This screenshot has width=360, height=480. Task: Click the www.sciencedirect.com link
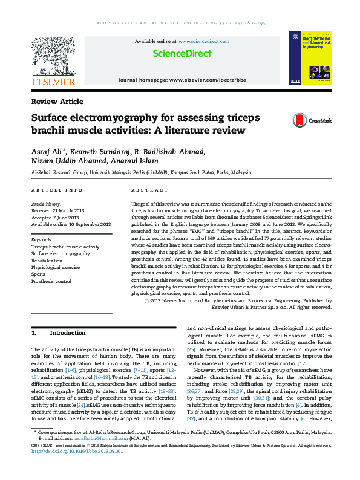204,41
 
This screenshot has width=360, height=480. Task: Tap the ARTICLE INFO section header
57,191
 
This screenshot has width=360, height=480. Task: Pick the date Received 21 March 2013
58,211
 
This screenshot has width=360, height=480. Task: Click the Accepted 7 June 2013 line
56,218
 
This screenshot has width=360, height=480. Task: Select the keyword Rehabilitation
46,260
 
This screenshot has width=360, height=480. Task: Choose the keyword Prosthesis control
51,281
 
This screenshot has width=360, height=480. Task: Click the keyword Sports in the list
38,274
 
